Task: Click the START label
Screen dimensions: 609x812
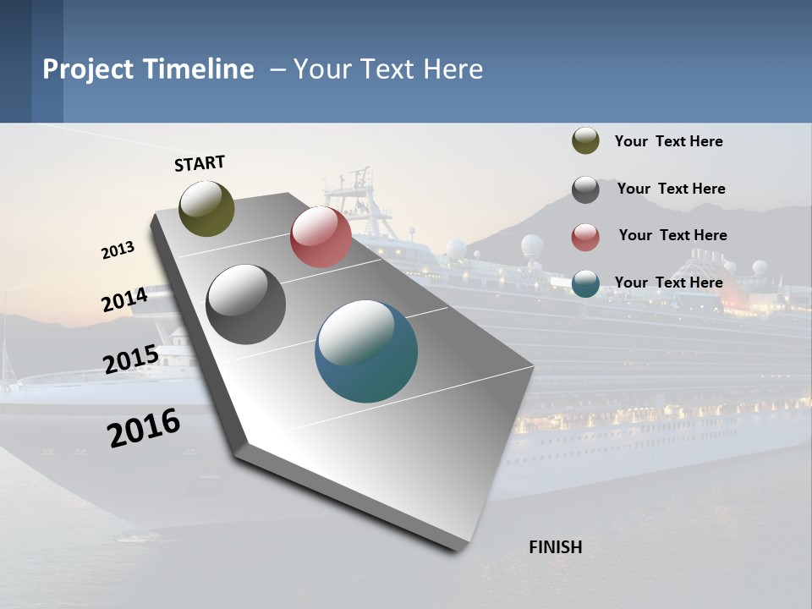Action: point(200,163)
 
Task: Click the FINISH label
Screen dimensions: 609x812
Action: point(555,547)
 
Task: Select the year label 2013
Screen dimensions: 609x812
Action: point(118,250)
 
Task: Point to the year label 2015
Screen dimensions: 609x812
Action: point(130,359)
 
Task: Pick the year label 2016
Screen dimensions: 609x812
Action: point(144,428)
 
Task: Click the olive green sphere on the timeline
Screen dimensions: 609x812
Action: point(206,208)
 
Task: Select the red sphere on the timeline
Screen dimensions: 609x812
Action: point(321,237)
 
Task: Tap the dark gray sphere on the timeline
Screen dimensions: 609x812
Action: point(245,304)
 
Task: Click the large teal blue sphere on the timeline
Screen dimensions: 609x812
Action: point(366,351)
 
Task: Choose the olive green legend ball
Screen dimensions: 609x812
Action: point(585,141)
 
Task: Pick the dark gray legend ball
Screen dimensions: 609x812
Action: point(585,189)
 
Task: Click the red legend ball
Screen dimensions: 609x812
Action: point(585,237)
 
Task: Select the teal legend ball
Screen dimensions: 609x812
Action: point(585,284)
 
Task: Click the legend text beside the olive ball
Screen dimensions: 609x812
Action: point(668,141)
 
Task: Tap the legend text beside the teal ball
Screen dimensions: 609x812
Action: point(668,283)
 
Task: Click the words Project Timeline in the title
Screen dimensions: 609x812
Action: point(148,69)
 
